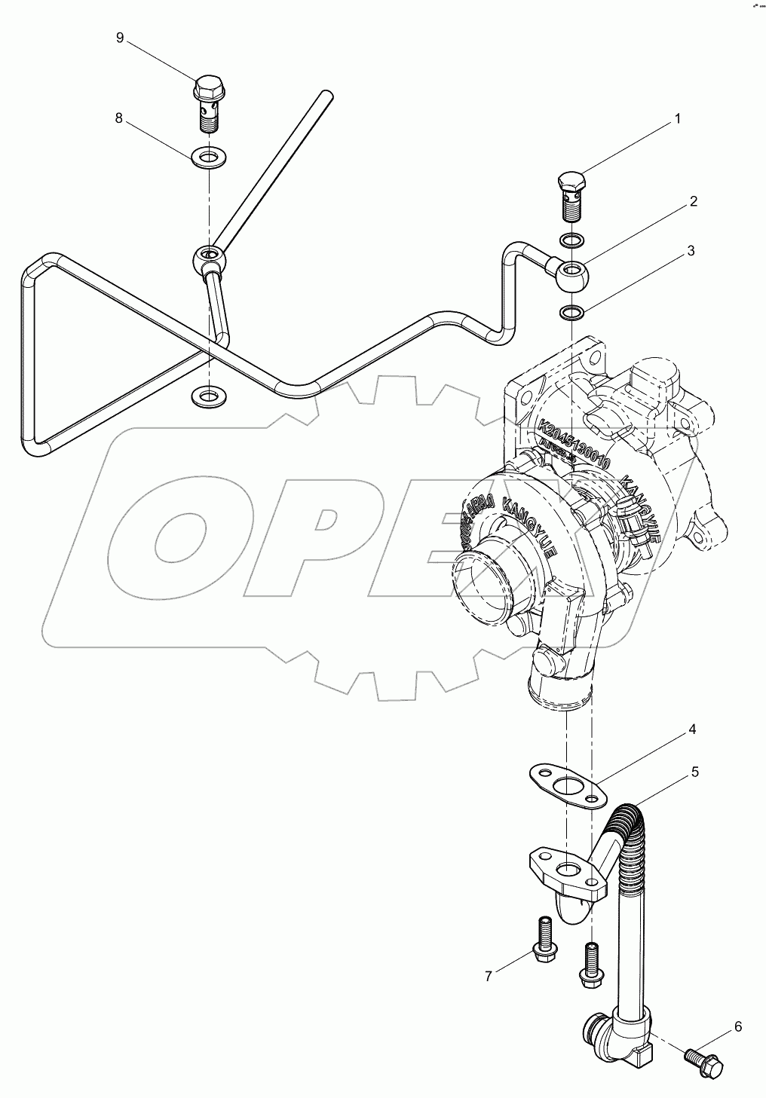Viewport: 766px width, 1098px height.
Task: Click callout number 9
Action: (120, 38)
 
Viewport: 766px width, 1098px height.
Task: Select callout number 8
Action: (118, 118)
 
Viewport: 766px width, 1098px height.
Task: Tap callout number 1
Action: (677, 118)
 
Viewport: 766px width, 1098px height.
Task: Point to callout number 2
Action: (692, 201)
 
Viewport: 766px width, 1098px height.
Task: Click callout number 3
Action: (690, 251)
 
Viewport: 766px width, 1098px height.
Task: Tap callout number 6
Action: (737, 1026)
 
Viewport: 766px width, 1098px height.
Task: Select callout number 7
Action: (489, 977)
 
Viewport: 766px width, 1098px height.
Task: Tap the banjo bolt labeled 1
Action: (571, 194)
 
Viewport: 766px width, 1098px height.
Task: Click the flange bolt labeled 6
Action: (704, 1062)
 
